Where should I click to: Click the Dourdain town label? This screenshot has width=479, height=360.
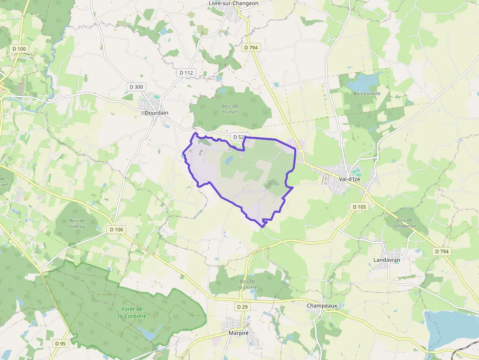coord(156,113)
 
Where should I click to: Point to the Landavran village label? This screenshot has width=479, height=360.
coord(387,260)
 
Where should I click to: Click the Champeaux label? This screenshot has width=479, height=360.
coord(322,306)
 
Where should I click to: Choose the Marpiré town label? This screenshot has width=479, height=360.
coord(239,333)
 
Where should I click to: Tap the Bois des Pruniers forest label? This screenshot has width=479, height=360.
coord(230,109)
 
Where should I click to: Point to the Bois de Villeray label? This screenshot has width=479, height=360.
coord(77,223)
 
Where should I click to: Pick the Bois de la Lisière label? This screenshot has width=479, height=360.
coord(248,284)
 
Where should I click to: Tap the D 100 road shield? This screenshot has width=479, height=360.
coord(20,49)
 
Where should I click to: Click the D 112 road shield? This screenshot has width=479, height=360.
coord(187,73)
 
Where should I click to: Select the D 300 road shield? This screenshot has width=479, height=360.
coord(136,87)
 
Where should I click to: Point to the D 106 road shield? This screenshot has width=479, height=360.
coord(117,230)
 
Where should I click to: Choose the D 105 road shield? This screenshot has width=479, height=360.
coord(359,207)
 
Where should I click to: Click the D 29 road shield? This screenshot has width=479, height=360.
coord(242,307)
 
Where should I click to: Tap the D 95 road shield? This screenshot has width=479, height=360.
coord(61,343)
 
